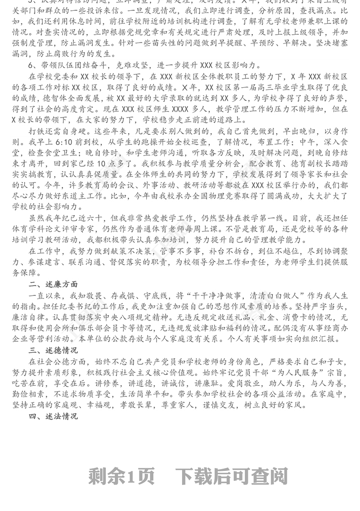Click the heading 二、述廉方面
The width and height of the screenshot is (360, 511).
[x=53, y=285]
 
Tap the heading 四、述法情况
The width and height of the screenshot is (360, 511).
[x=53, y=416]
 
